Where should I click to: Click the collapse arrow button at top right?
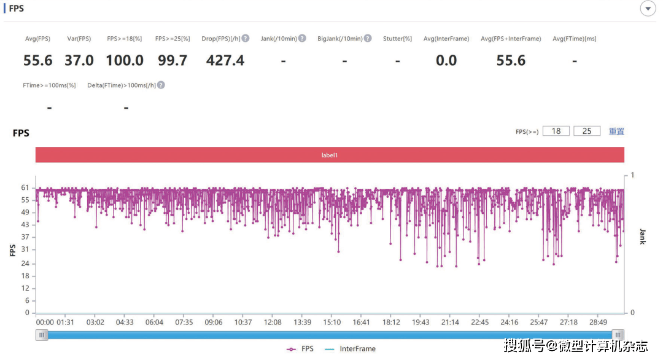pos(648,9)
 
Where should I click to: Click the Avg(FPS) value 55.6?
pos(38,60)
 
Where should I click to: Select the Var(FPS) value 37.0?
pos(79,60)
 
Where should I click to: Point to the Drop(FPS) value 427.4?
pos(225,60)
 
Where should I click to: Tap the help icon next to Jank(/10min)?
pos(301,39)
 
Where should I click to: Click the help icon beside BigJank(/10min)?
pos(368,39)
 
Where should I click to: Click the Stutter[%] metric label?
pos(397,39)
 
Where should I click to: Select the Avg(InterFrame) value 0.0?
pos(446,60)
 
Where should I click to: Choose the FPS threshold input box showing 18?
pos(556,131)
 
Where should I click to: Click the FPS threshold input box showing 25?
pos(587,131)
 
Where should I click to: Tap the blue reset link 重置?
pos(616,131)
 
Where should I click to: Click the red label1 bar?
pos(330,155)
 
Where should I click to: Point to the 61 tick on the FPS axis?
pos(25,188)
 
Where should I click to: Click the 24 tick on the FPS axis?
pos(25,264)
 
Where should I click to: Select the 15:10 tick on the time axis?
pos(331,323)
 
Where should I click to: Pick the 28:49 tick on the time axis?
pos(598,323)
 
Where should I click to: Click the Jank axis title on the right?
pos(643,237)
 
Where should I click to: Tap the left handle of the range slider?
pos(42,335)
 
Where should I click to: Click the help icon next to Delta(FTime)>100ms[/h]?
pos(161,85)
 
